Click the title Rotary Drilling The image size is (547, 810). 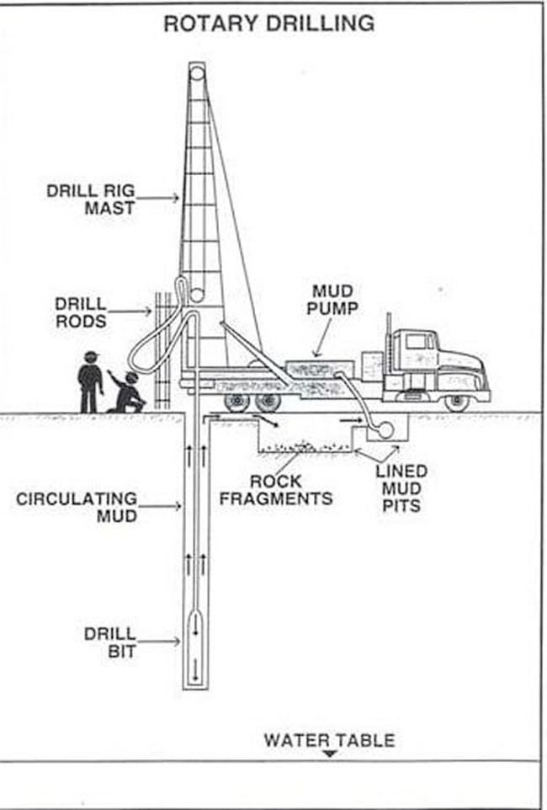click(x=269, y=24)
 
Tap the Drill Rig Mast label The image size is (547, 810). click(x=91, y=199)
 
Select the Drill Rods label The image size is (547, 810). click(x=81, y=312)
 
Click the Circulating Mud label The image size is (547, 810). click(x=77, y=507)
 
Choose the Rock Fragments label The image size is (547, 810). click(x=276, y=490)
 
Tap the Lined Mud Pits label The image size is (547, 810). click(x=401, y=488)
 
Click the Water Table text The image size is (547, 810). click(x=329, y=741)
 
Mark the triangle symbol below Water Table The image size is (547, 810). click(x=331, y=754)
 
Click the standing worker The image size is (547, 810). click(x=90, y=381)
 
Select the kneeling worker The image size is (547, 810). click(x=128, y=392)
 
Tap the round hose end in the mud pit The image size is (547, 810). click(x=385, y=429)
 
